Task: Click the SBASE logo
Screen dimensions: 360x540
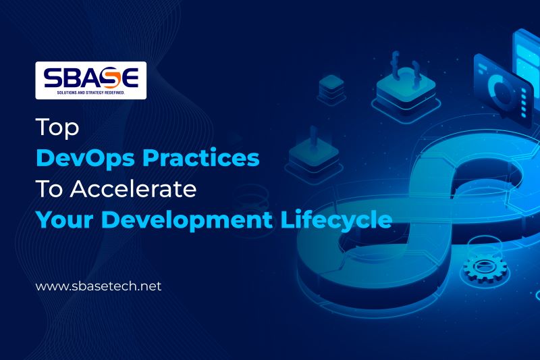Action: point(90,80)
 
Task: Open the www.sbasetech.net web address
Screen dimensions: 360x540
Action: point(99,286)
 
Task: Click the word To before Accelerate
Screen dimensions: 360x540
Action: point(46,188)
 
